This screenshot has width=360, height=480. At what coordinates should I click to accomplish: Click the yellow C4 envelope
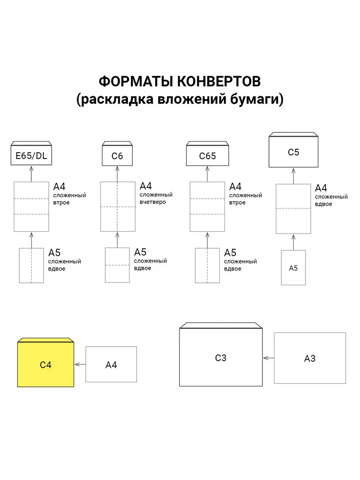46,364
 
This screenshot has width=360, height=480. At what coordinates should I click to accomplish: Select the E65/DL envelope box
31,156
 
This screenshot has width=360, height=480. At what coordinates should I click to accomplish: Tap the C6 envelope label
117,156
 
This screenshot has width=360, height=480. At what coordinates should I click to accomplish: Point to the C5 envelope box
293,152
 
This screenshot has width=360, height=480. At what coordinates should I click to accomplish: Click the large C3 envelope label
221,358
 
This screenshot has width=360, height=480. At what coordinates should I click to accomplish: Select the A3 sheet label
310,358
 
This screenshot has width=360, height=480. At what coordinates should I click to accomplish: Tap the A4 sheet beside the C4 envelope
111,364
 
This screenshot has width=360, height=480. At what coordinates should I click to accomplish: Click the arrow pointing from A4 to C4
80,364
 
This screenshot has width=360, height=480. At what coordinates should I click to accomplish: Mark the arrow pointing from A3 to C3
268,358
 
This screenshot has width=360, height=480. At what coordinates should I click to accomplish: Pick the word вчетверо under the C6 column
153,202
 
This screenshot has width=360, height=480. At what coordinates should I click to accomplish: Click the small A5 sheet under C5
293,268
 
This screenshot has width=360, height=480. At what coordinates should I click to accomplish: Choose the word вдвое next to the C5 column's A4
323,204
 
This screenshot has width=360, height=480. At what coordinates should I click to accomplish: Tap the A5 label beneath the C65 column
230,253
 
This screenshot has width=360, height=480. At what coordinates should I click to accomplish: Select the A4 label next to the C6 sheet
146,186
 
